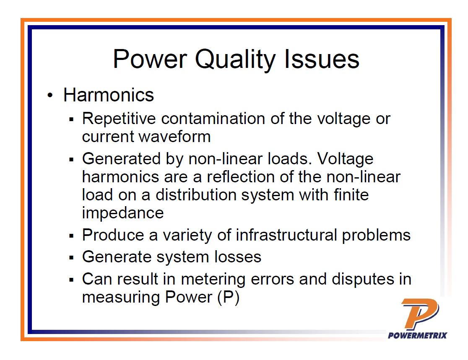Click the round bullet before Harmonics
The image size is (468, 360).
50,96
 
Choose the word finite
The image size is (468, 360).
349,195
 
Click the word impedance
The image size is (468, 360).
123,213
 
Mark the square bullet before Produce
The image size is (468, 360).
72,236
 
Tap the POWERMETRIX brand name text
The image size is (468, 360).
417,335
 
